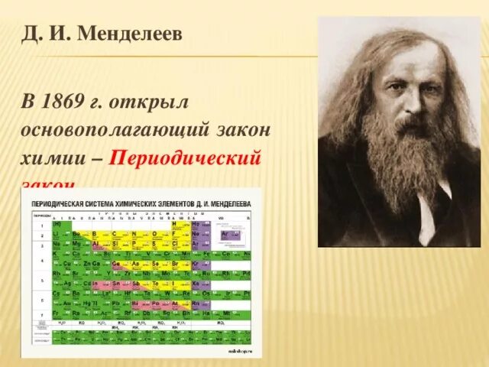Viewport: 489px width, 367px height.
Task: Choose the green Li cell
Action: tap(57, 235)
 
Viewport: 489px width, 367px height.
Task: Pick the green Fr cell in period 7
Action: tap(57, 313)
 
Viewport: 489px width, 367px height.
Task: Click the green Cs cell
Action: tap(57, 294)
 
